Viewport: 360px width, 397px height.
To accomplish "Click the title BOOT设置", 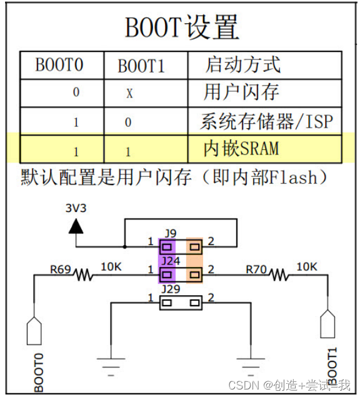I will pyautogui.click(x=182, y=28).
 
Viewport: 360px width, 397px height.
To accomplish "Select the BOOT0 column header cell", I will pyautogui.click(x=59, y=65).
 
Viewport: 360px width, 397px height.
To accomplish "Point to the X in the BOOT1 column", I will pyautogui.click(x=129, y=94).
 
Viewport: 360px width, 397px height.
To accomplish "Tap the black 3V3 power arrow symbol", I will pyautogui.click(x=76, y=225).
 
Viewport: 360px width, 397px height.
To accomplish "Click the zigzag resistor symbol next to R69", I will pyautogui.click(x=84, y=274).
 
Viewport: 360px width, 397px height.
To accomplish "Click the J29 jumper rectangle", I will pyautogui.click(x=181, y=303).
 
